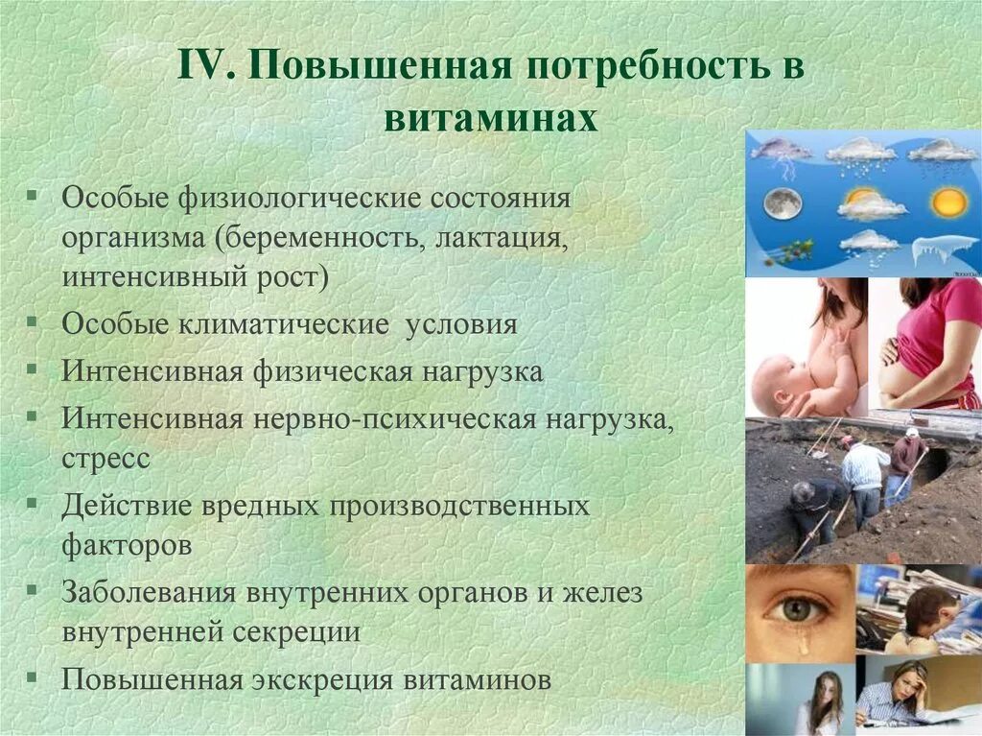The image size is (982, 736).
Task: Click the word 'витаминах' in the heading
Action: pos(490,119)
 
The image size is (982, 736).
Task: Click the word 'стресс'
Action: pos(105,458)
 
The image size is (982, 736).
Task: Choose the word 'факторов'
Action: pos(127,545)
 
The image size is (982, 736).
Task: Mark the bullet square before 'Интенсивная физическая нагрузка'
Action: pos(34,369)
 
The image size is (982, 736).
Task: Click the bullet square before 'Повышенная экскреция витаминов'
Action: pos(34,677)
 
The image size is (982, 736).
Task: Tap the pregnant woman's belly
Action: pos(907,377)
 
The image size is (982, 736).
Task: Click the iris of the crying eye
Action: pos(795,607)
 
